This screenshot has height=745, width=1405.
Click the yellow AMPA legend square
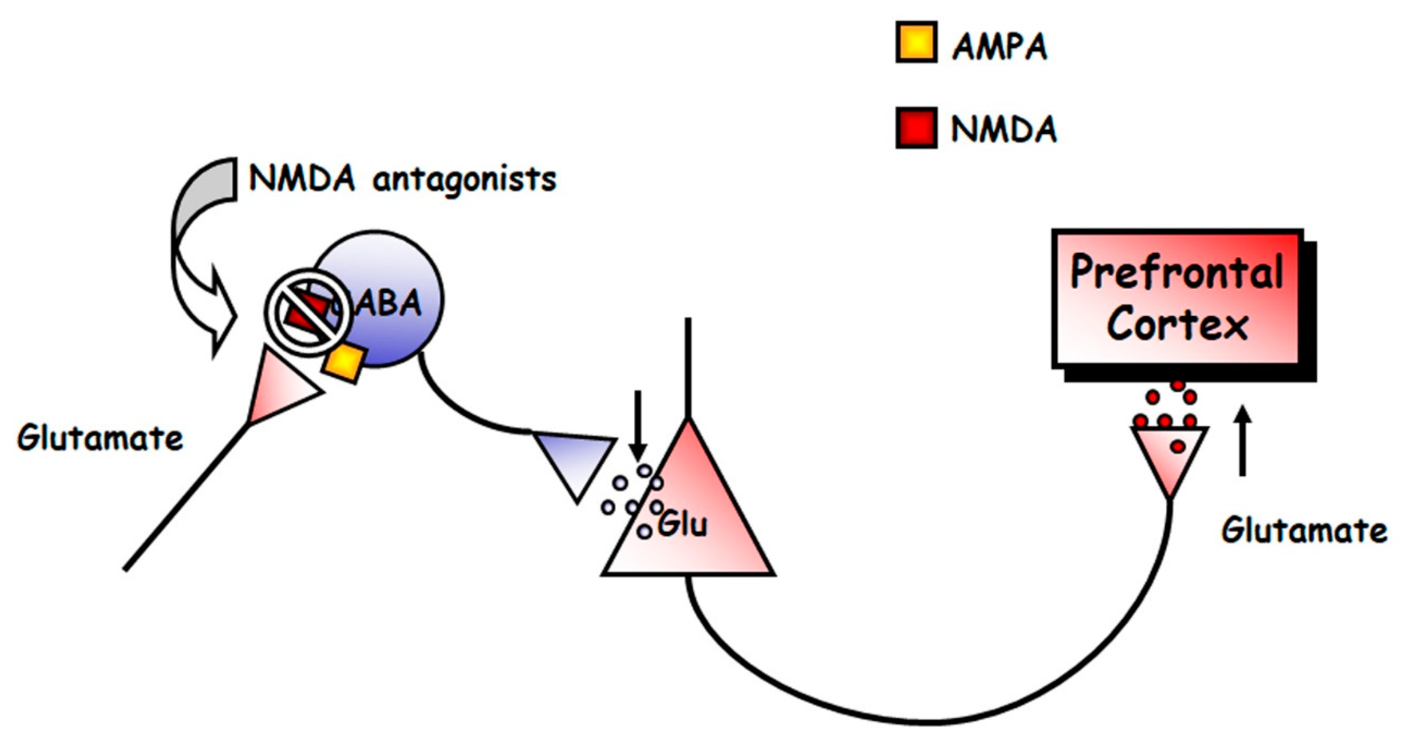tap(916, 42)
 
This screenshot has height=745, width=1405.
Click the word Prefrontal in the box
tap(1177, 272)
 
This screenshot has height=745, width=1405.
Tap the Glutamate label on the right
tap(1304, 530)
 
